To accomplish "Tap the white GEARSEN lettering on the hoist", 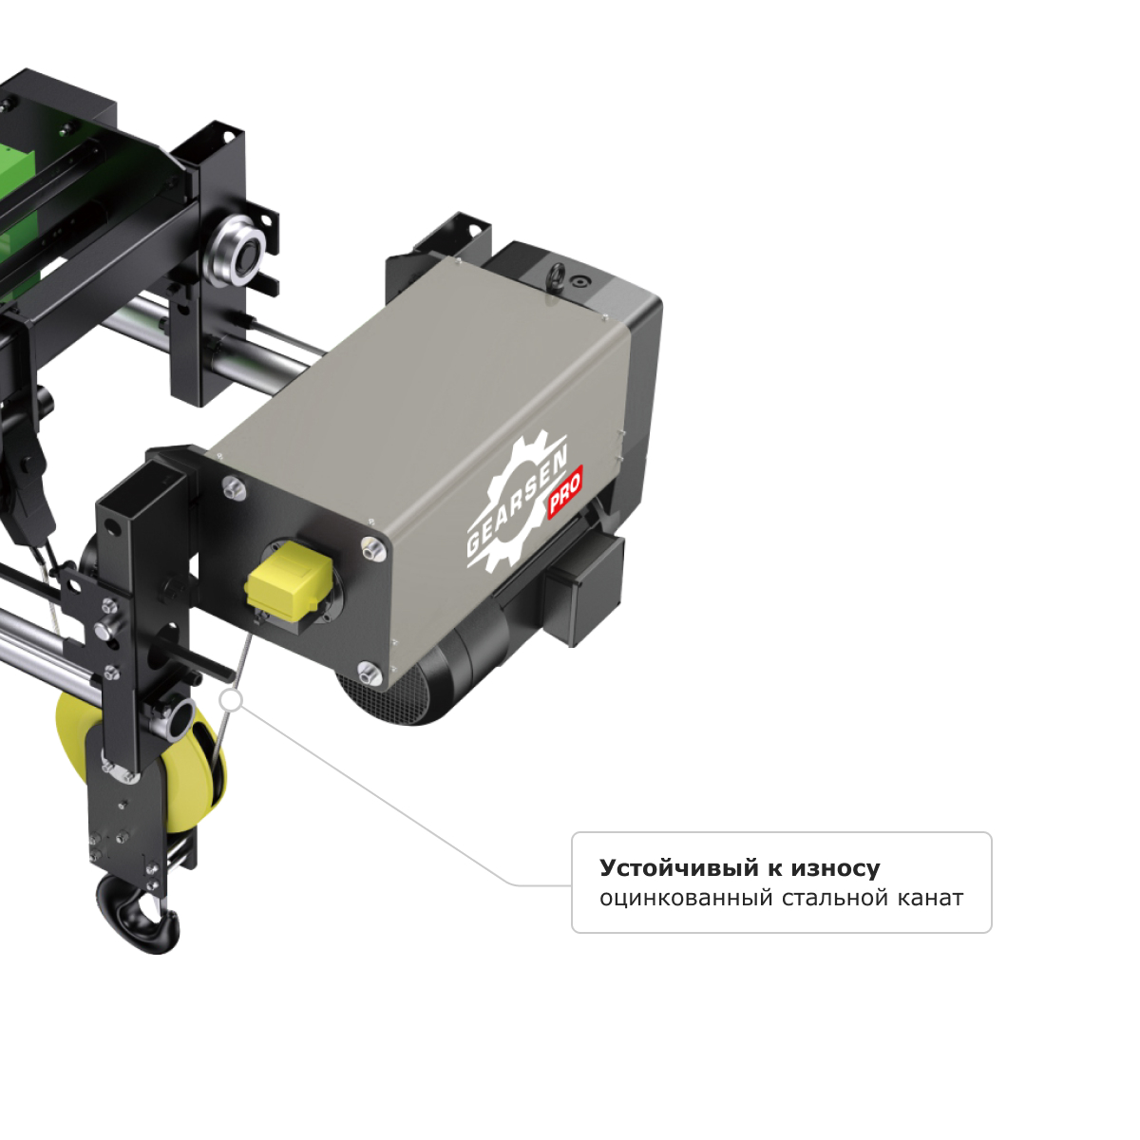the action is pos(517,505).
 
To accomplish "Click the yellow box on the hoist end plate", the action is pos(290,586).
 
